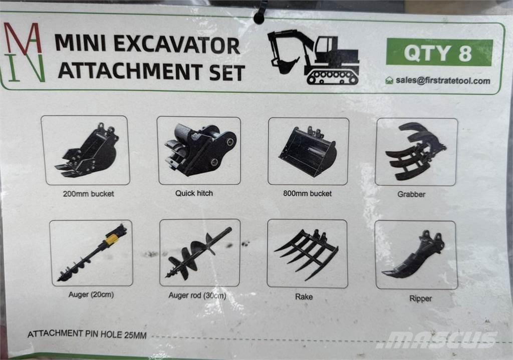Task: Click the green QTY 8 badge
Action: (439, 52)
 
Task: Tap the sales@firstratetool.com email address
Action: (443, 81)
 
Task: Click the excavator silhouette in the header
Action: (314, 57)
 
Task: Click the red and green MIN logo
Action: (24, 52)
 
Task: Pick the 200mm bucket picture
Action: (86, 151)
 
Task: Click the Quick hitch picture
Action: (199, 150)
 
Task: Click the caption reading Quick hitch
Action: (194, 193)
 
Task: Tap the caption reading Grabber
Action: (411, 194)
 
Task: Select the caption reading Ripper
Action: (420, 298)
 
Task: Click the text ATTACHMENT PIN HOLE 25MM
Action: (87, 334)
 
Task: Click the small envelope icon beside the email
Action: (389, 80)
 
